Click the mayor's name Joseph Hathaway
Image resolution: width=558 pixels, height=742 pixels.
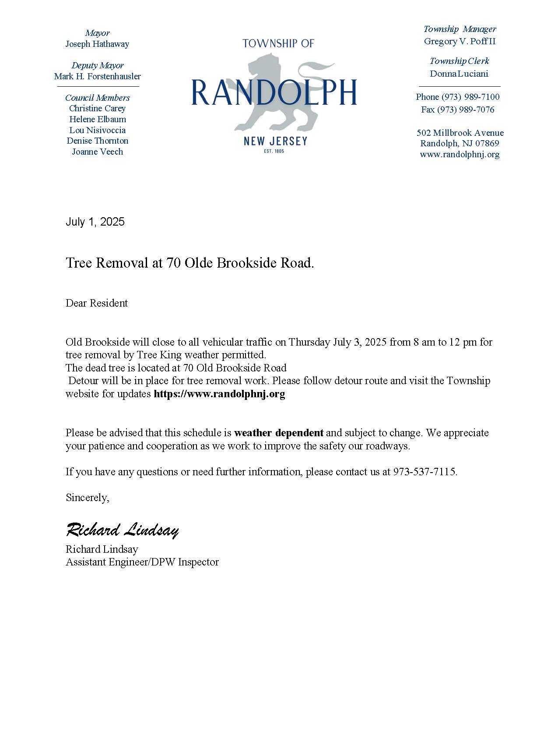coord(97,44)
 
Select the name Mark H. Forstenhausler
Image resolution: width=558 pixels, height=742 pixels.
coord(97,76)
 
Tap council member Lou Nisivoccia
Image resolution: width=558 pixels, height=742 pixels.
coord(97,130)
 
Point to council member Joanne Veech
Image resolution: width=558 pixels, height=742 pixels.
coord(97,152)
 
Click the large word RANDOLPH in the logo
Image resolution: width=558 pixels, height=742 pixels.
coord(274,92)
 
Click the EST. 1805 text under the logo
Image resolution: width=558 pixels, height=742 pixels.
coord(274,151)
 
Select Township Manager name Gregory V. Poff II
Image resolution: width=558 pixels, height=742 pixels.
coord(460,42)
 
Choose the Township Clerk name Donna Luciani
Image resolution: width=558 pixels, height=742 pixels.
coord(459,74)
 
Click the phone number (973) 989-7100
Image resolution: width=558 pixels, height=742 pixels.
coord(470,97)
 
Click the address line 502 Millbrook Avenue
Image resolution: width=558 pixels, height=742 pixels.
coord(460,133)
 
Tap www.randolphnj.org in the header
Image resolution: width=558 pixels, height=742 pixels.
coord(460,154)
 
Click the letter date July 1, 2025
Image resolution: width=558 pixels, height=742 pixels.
coord(95,222)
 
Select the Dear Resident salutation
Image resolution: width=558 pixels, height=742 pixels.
coord(97,303)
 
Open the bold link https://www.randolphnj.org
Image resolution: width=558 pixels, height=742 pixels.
coord(219,394)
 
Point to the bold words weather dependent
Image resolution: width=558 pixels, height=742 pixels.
coord(279,433)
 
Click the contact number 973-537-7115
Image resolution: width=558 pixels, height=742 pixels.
coord(425,472)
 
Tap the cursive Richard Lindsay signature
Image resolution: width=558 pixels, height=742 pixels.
coord(122,530)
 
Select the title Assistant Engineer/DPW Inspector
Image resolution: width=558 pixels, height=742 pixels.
coord(142,562)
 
